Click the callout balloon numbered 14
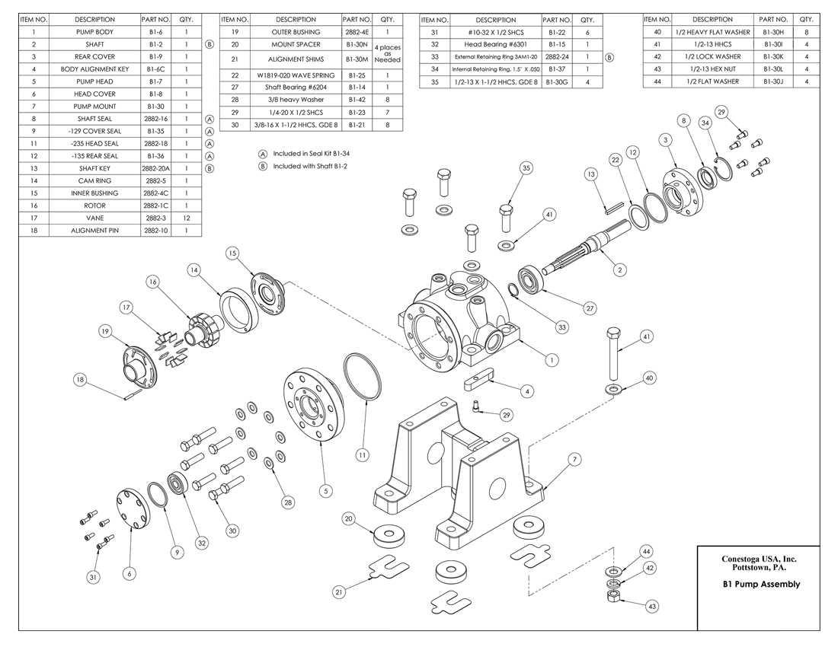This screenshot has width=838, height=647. point(194,269)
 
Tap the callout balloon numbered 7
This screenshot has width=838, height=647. point(575,459)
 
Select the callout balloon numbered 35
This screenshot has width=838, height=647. point(525,167)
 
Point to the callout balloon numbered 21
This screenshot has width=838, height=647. point(338,591)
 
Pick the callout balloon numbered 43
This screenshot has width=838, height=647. point(651,607)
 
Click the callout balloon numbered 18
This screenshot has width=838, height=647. point(80,379)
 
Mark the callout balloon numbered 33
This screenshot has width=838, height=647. point(562,327)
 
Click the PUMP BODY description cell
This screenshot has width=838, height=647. point(95,32)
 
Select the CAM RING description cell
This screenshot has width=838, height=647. point(95,180)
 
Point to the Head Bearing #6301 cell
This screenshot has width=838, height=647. point(495,44)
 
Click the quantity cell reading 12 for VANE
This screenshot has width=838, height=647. point(186,218)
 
